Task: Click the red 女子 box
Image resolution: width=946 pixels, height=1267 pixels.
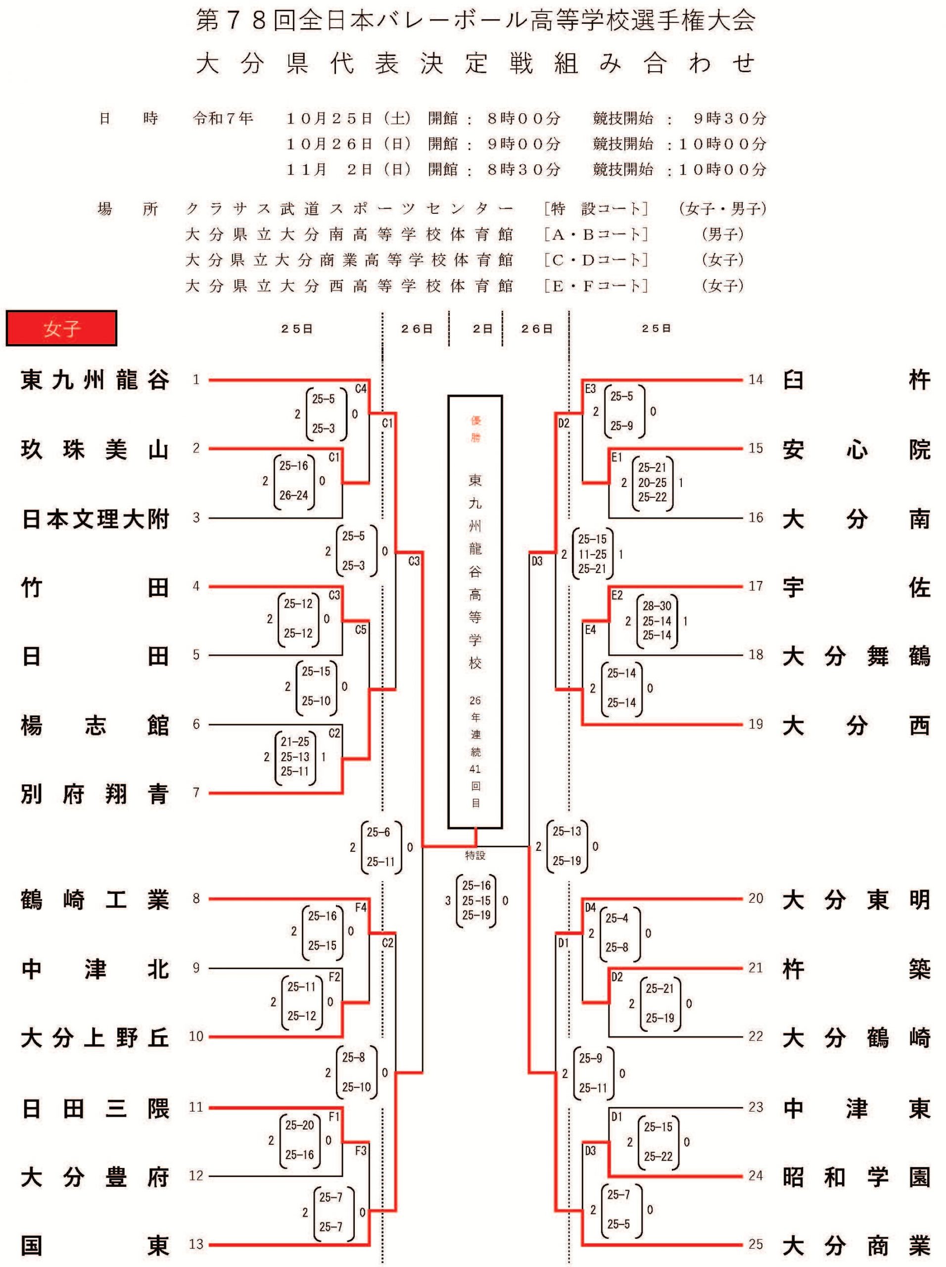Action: coord(61,328)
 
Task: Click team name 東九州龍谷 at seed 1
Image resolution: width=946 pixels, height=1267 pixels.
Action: coord(95,380)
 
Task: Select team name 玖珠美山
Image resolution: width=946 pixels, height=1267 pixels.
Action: coord(95,449)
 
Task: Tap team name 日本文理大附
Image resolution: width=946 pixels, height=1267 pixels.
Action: coord(95,519)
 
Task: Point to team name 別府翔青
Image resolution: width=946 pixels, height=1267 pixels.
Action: coord(95,794)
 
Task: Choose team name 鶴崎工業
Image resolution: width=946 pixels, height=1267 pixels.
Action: coord(95,900)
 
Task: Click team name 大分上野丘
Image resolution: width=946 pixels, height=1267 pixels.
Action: coord(95,1037)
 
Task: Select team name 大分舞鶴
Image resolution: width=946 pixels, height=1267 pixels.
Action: coord(856,656)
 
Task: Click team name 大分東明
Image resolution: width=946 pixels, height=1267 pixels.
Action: coord(856,900)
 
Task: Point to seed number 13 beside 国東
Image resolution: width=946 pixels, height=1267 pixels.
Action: coord(196,1244)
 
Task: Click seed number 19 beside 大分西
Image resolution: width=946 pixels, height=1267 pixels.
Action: coord(756,724)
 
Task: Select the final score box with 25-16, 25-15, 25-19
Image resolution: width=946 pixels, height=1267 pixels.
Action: coord(476,900)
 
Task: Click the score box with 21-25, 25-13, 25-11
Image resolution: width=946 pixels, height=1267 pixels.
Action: coord(295,757)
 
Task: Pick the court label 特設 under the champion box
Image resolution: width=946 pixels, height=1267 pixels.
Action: coord(475,855)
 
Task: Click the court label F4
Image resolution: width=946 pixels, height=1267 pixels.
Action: coord(361,907)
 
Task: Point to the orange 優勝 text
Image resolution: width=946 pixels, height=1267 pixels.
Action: coord(475,429)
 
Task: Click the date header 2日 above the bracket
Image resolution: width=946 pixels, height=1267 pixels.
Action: coord(483,329)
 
